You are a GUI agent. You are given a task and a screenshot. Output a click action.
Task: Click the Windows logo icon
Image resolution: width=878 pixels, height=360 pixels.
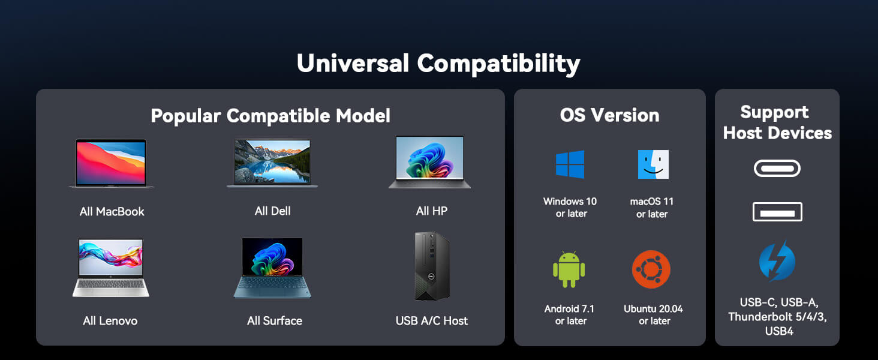click(570, 164)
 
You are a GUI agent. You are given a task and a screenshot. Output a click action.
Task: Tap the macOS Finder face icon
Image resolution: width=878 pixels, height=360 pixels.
click(653, 164)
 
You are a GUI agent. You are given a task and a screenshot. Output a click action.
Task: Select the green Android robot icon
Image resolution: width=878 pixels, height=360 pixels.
click(569, 269)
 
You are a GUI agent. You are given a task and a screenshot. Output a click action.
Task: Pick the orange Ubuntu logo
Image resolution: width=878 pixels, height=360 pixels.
click(651, 269)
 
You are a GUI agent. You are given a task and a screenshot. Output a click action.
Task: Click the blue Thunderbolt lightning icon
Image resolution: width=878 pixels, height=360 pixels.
click(777, 261)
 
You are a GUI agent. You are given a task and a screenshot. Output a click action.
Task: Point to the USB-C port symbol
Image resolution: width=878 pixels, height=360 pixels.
click(777, 168)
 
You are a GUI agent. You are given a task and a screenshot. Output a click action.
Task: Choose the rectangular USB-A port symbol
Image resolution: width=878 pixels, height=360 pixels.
click(777, 212)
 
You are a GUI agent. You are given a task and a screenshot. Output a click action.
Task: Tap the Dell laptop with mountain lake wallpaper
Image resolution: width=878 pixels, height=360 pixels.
click(272, 163)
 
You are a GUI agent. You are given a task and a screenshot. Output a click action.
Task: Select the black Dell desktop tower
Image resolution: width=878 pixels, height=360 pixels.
click(432, 266)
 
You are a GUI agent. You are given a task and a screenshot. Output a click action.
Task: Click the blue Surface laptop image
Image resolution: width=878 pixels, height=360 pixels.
click(272, 268)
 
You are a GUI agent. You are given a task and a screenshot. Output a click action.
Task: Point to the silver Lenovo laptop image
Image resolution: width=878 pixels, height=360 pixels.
click(111, 268)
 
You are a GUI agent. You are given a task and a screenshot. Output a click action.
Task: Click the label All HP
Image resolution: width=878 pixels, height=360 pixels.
click(432, 211)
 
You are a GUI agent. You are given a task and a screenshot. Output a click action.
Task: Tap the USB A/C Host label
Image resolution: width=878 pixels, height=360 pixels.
click(432, 321)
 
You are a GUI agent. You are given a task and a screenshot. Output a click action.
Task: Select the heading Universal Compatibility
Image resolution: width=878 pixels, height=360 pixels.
click(438, 64)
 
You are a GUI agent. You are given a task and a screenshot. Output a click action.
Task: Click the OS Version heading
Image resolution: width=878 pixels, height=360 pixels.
click(609, 115)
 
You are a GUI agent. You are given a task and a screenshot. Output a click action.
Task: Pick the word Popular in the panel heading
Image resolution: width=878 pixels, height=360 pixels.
click(186, 116)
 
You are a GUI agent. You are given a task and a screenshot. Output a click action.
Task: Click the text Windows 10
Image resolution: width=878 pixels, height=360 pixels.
click(570, 201)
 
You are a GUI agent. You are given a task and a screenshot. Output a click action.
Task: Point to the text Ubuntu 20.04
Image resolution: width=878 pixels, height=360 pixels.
click(654, 308)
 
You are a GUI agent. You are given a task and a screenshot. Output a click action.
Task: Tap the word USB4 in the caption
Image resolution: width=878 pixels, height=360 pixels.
click(779, 331)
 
